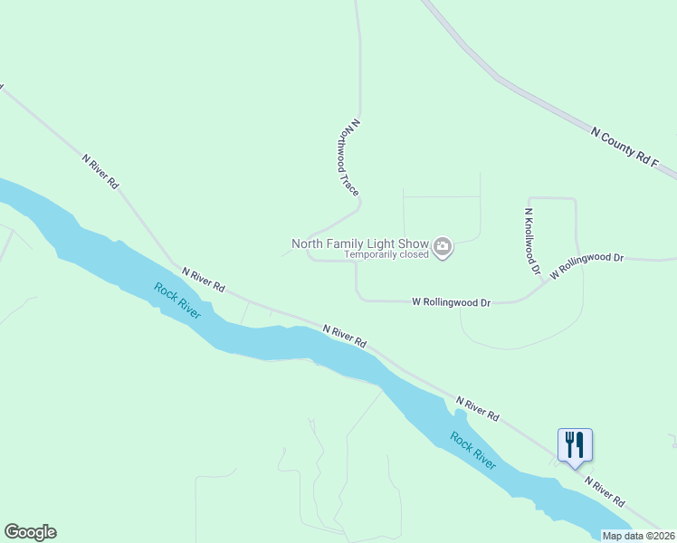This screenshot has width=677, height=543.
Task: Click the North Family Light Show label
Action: click(x=360, y=243)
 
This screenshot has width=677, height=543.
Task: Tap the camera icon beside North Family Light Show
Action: click(x=443, y=246)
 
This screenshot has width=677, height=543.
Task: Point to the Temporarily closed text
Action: click(x=386, y=254)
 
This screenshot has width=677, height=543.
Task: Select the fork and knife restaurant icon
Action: click(x=575, y=445)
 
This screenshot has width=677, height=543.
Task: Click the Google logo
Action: click(x=30, y=532)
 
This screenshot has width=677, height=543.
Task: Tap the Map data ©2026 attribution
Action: click(x=639, y=536)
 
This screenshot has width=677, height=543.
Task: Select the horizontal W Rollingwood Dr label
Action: click(x=451, y=302)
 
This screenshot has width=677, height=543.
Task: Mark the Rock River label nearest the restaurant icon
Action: click(x=473, y=451)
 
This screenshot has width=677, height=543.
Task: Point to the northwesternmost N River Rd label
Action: click(x=100, y=170)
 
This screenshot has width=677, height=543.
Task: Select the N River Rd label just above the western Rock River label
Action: click(x=204, y=279)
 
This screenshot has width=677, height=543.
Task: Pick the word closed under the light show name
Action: click(x=413, y=254)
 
